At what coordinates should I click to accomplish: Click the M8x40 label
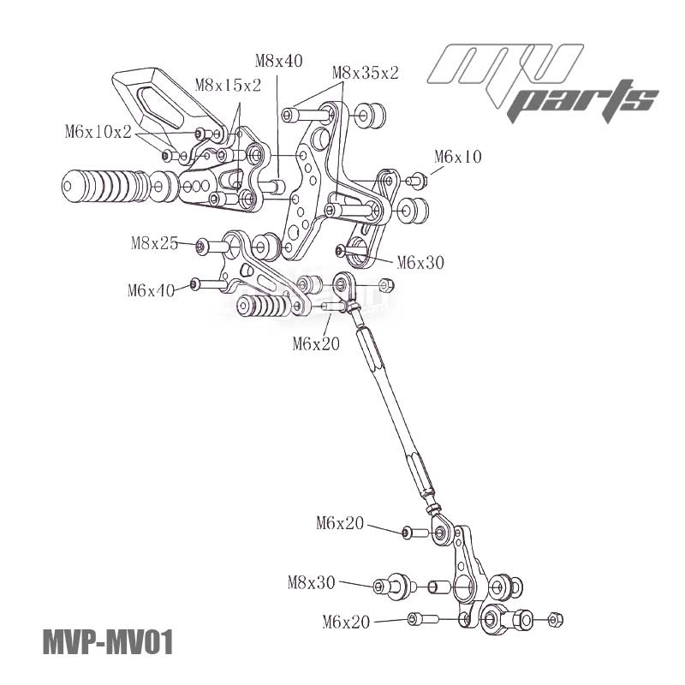(x=279, y=60)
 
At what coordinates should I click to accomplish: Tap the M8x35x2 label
(x=366, y=73)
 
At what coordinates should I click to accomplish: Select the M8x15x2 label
(x=229, y=84)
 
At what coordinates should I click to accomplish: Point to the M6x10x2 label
(x=98, y=132)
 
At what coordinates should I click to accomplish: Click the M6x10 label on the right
(x=458, y=157)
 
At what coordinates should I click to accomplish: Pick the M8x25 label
(x=155, y=243)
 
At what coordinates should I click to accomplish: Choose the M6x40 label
(x=152, y=290)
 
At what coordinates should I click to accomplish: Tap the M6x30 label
(x=420, y=263)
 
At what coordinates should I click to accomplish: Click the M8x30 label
(x=312, y=583)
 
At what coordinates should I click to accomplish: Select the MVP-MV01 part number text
(x=107, y=642)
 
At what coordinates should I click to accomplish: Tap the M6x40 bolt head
(x=195, y=284)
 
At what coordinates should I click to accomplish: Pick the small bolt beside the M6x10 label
(x=417, y=180)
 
